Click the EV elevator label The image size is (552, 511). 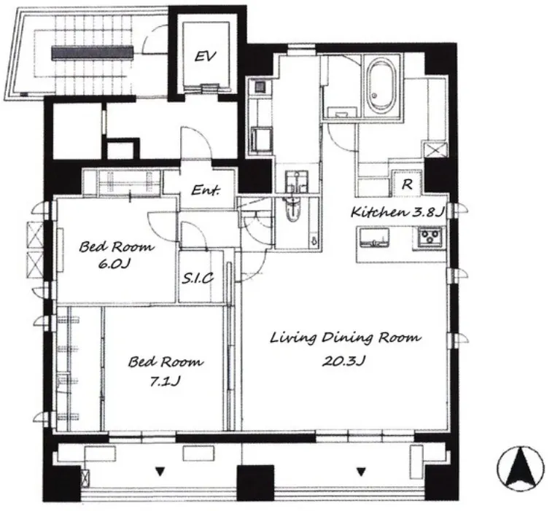205,56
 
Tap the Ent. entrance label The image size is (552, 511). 206,190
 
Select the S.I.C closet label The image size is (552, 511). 198,278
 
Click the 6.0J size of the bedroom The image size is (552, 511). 113,264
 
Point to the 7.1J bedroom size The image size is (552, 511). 165,381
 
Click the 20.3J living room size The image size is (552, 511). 343,361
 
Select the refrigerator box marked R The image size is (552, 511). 407,184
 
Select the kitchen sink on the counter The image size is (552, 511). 373,237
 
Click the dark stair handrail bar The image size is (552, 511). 93,52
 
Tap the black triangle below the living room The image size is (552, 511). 360,472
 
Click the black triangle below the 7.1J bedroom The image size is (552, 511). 160,472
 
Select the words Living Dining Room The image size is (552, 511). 346,338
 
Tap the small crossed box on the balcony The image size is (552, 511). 85,478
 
